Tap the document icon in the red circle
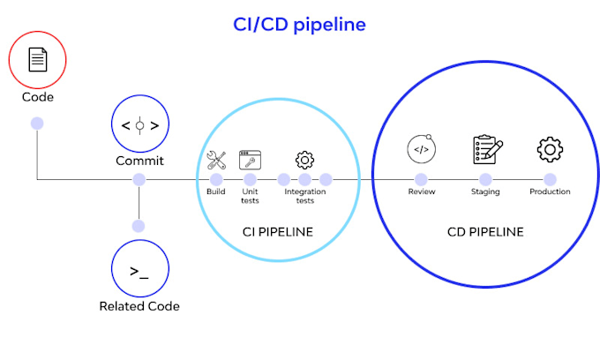click(37, 60)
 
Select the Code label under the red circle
click(37, 96)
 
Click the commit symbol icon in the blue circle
click(139, 124)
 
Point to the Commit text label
click(139, 161)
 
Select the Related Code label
click(139, 306)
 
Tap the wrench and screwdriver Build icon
click(217, 160)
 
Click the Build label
click(216, 191)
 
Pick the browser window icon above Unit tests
click(251, 160)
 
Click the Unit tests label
click(251, 196)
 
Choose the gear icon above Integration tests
click(304, 160)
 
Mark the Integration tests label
click(304, 196)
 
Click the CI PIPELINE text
click(278, 232)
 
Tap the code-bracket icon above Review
click(422, 149)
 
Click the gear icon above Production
click(550, 149)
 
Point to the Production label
click(550, 191)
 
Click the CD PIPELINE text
click(485, 232)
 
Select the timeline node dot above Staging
click(485, 179)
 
